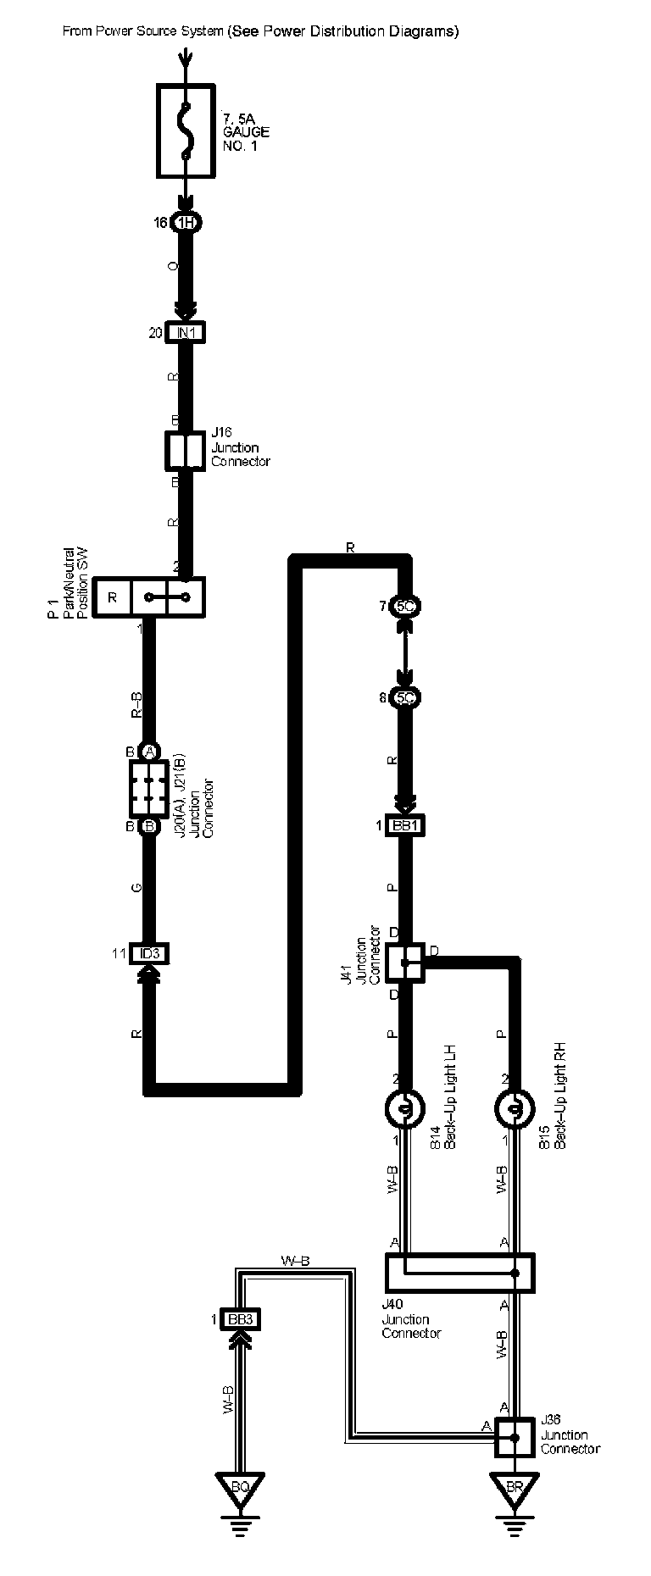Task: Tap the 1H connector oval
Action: click(x=186, y=223)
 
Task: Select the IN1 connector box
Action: click(x=186, y=333)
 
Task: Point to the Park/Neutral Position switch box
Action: click(x=148, y=597)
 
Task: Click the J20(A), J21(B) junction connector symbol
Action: click(x=148, y=787)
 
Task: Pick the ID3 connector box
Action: click(x=149, y=953)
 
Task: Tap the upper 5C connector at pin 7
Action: click(x=406, y=607)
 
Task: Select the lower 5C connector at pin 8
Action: click(x=406, y=698)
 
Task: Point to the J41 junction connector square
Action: click(x=405, y=961)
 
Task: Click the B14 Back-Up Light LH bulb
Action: click(x=406, y=1108)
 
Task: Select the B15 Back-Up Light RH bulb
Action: click(x=514, y=1108)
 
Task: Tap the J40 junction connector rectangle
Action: click(x=459, y=1273)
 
